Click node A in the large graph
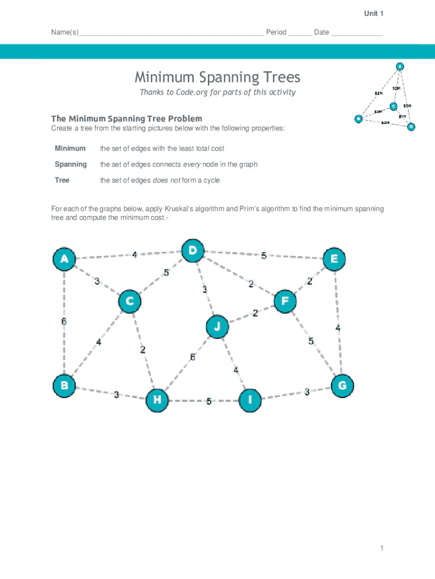tap(64, 260)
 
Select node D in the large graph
tap(193, 250)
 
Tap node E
tap(334, 259)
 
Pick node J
tap(217, 327)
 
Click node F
tap(285, 301)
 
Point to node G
tap(342, 386)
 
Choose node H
tap(158, 400)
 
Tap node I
tap(250, 400)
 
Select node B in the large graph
tap(64, 386)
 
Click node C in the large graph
tap(129, 301)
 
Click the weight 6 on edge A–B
tap(64, 321)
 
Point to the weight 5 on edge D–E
tap(264, 256)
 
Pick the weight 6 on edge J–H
tap(193, 357)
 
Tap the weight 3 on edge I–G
tap(307, 391)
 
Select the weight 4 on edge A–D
tap(134, 255)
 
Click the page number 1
tap(382, 548)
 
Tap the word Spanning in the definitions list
tap(71, 164)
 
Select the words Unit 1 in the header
tap(373, 14)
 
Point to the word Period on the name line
tap(276, 32)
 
